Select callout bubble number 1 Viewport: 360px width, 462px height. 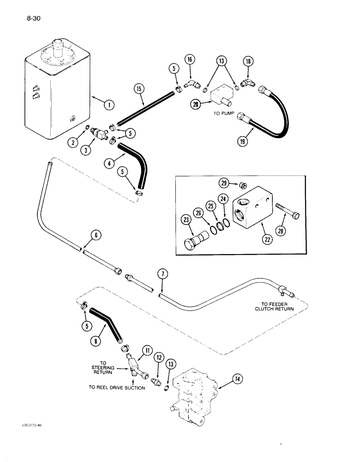tap(109, 105)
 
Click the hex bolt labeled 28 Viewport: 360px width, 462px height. tap(289, 216)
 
